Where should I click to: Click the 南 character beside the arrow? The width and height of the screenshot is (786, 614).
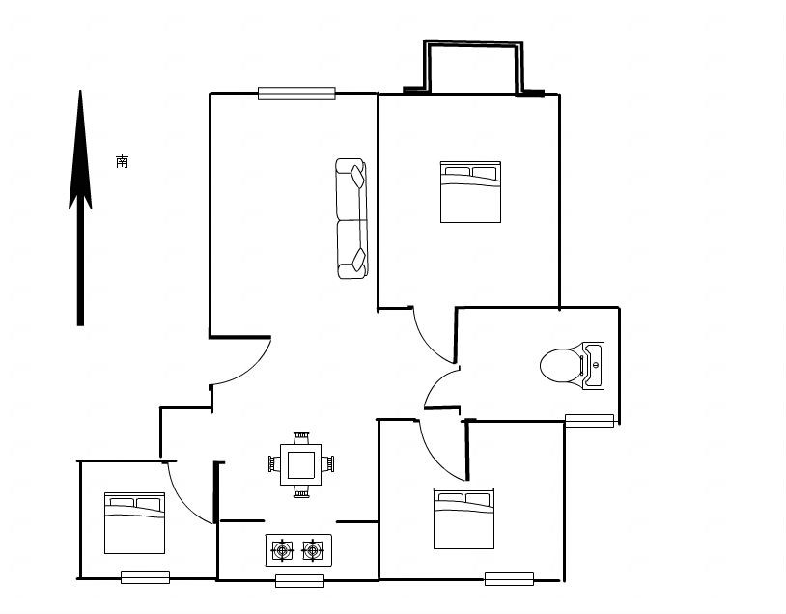(122, 161)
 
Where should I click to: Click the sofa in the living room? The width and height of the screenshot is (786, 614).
(351, 219)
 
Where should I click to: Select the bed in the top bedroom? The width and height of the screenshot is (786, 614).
(470, 192)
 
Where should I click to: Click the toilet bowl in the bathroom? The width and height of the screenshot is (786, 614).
(557, 365)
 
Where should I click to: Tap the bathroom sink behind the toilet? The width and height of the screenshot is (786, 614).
(593, 365)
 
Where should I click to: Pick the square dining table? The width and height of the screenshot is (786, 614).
(302, 465)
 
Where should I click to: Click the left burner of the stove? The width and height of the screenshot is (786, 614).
(283, 550)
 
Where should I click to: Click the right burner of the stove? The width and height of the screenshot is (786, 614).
(312, 550)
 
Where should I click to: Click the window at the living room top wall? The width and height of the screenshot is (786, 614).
(296, 94)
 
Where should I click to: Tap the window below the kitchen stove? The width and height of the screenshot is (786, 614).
(299, 580)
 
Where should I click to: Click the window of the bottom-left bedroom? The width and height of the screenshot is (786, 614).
(145, 577)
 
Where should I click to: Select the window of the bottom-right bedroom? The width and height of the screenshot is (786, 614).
(509, 579)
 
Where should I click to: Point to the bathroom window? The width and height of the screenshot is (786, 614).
(589, 420)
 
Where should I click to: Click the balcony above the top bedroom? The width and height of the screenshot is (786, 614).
(473, 68)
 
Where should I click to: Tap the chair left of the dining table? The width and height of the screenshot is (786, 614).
(273, 465)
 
